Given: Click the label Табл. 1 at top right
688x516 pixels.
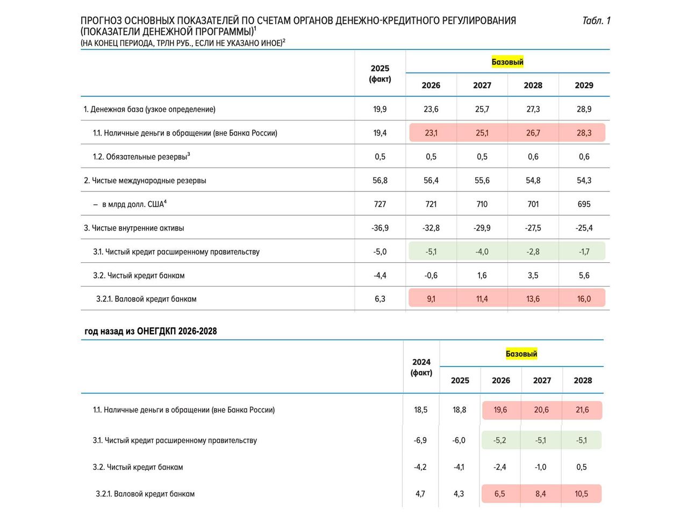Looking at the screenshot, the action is (x=596, y=20).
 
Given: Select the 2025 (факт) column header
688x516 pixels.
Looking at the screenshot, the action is (x=380, y=74).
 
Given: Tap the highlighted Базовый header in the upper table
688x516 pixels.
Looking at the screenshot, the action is (x=507, y=62).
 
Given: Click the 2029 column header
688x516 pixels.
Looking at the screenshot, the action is (x=584, y=85).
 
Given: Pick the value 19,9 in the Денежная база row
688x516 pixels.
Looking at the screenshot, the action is (x=380, y=109).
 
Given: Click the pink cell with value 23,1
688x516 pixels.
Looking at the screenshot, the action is (x=431, y=133).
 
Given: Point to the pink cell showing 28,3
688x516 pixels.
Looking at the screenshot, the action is (x=584, y=133).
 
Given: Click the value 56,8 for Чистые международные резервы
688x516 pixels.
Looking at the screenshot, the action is (x=380, y=181).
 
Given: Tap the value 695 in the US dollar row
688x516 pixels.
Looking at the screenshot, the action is (x=584, y=204).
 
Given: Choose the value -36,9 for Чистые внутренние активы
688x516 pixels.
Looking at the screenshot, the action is (x=380, y=228).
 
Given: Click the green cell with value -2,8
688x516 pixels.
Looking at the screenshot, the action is (x=533, y=252).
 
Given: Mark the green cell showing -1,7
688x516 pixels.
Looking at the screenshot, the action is (x=584, y=252).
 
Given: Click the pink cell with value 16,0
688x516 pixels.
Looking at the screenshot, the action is (x=584, y=298).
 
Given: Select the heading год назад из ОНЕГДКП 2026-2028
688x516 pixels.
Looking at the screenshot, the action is (x=150, y=331).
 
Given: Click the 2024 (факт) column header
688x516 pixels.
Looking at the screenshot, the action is (x=421, y=367).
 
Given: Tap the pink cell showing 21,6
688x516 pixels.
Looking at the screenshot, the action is (x=582, y=410).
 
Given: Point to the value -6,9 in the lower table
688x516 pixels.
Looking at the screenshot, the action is (x=420, y=440).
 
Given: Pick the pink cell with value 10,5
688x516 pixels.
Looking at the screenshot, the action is (x=581, y=494).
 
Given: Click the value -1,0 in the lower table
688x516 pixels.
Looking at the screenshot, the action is (x=540, y=467).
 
